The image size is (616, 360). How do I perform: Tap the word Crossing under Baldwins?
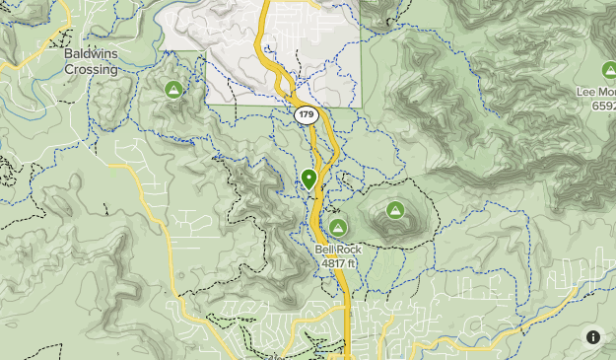91,70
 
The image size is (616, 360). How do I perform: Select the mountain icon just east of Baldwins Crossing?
173,90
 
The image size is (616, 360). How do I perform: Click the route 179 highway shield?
306,115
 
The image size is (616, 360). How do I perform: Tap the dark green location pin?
309,179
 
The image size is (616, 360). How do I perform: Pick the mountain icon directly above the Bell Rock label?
337,227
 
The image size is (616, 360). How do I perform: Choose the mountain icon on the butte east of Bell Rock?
395,209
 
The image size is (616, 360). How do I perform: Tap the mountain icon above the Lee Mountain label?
608,70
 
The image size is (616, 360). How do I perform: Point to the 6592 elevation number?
603,106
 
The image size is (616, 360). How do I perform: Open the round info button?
593,337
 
